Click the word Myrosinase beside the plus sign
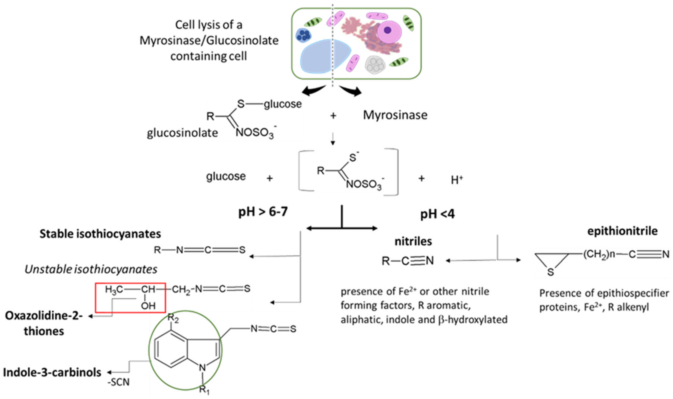tap(395, 115)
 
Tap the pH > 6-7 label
tap(263, 212)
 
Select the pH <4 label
tap(438, 214)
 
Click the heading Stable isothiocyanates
tap(100, 234)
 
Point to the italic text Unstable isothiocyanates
tap(91, 269)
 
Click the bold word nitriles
tap(413, 241)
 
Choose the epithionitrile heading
tap(622, 231)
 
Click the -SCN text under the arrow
tap(118, 382)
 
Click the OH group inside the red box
tap(148, 306)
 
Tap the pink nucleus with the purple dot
tap(389, 31)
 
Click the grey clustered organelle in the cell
tap(375, 65)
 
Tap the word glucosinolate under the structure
tap(182, 133)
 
